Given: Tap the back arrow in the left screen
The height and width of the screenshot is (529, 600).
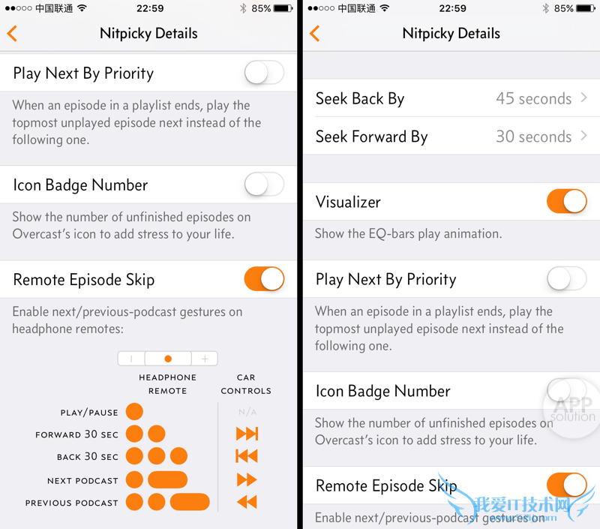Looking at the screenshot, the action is click(x=12, y=33).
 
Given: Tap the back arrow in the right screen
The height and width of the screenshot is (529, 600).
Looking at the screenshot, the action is click(x=314, y=33).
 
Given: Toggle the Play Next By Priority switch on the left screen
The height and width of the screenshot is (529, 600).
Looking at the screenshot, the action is click(x=264, y=72).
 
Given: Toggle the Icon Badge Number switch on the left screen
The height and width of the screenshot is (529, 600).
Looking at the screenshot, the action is click(x=264, y=184).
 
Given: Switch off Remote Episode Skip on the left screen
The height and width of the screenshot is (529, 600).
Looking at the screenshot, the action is click(x=264, y=278).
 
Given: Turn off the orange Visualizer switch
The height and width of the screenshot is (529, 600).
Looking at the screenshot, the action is click(x=567, y=201).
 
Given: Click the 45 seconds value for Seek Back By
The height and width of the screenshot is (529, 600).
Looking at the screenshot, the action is click(x=533, y=99).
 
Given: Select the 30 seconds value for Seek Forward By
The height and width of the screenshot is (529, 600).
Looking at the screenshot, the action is click(x=533, y=137).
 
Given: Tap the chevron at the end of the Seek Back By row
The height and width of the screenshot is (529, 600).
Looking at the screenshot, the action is click(x=584, y=98).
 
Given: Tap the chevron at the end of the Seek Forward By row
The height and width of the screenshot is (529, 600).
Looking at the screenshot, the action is click(x=584, y=136).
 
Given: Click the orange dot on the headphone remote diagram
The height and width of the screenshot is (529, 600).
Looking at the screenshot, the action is click(x=167, y=359).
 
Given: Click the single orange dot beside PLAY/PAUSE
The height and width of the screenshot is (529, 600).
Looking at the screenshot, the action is click(x=134, y=412).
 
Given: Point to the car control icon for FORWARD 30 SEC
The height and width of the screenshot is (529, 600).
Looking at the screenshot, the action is click(x=247, y=434).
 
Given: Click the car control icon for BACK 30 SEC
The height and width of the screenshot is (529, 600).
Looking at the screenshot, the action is click(x=247, y=456).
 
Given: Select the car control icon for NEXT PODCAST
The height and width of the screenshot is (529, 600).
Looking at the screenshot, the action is click(x=247, y=479).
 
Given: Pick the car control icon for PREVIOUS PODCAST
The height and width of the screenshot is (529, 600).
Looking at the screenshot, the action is click(x=247, y=502).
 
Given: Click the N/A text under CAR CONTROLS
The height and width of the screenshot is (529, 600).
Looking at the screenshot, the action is click(x=247, y=412).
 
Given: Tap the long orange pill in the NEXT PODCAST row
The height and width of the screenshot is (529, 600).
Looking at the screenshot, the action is click(x=167, y=479).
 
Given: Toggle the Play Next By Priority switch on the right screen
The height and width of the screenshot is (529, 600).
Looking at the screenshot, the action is click(x=567, y=278).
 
